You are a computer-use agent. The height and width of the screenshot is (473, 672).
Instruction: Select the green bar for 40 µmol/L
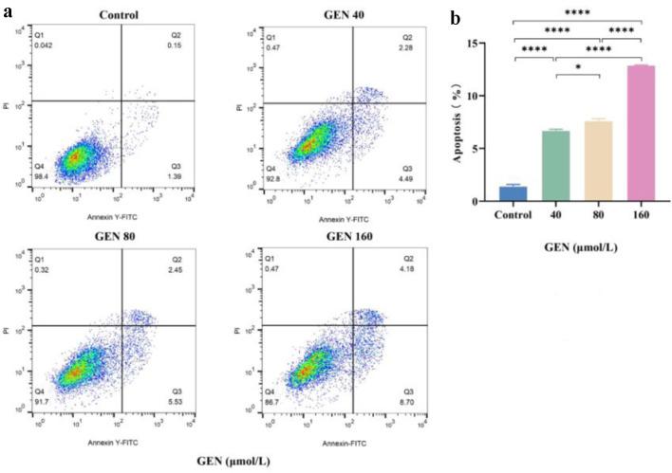555,166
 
